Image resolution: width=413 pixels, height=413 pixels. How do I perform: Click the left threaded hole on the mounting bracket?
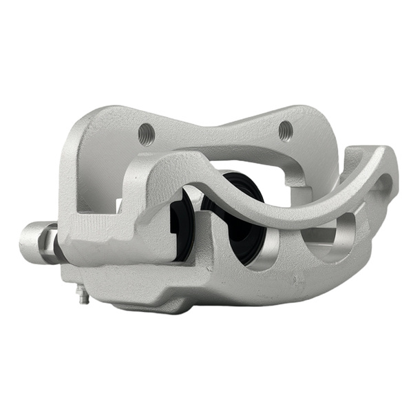(x=145, y=134)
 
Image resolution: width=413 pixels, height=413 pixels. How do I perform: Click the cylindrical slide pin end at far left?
(x=31, y=242)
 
